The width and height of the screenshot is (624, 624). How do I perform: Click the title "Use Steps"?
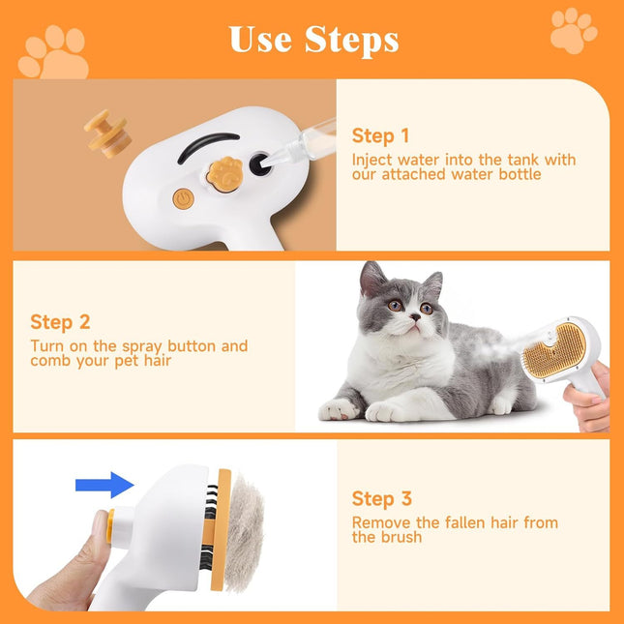[313, 39]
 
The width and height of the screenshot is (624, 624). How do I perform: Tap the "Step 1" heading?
[380, 135]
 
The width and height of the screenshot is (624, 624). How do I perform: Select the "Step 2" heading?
[59, 322]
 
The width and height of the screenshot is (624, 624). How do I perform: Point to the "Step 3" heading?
[381, 499]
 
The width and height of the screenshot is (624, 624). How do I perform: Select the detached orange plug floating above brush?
[106, 132]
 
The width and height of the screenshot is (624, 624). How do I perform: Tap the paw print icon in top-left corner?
[53, 53]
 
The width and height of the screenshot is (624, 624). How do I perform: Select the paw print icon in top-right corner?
[573, 31]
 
